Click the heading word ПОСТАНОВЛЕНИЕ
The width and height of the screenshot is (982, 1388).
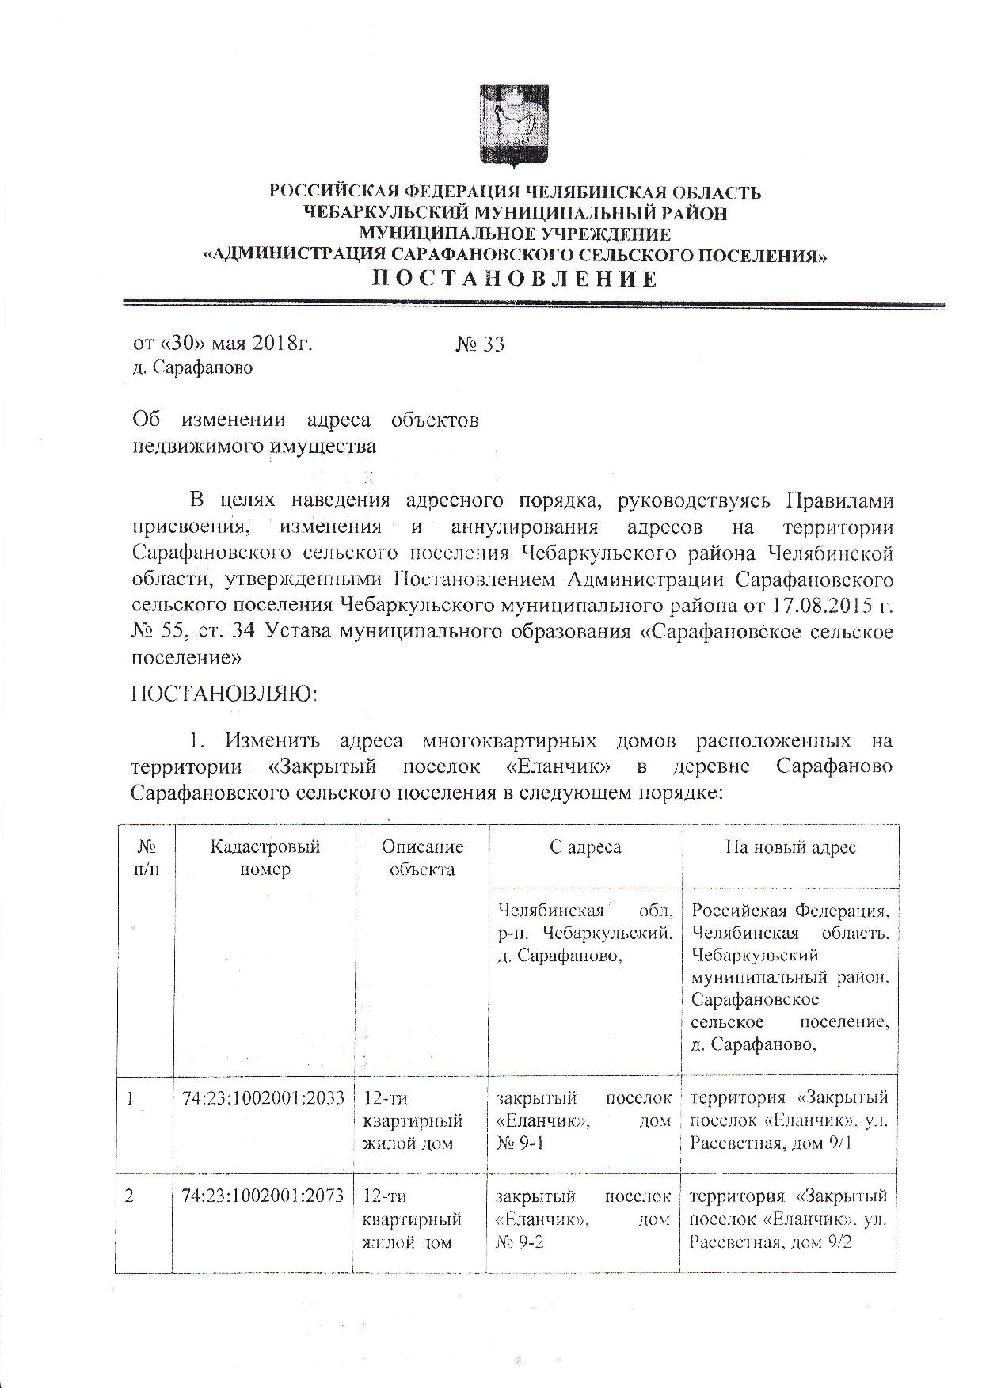pyautogui.click(x=515, y=279)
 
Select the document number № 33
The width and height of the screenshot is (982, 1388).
pyautogui.click(x=480, y=344)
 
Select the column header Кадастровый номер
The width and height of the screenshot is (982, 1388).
pyautogui.click(x=265, y=858)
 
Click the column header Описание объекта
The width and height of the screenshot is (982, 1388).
pyautogui.click(x=422, y=858)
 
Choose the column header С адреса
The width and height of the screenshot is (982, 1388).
pyautogui.click(x=585, y=847)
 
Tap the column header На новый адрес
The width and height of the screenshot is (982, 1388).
pyautogui.click(x=790, y=847)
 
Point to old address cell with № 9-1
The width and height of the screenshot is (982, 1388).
pyautogui.click(x=584, y=1120)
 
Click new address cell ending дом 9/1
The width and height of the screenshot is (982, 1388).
pyautogui.click(x=789, y=1120)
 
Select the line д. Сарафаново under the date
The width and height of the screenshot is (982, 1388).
pyautogui.click(x=192, y=368)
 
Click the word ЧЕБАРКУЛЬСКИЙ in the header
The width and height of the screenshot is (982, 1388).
pyautogui.click(x=386, y=213)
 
